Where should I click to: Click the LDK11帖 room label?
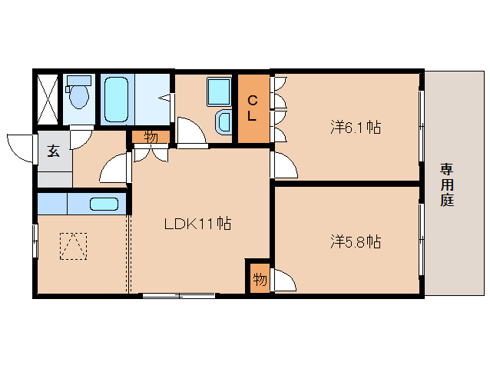click(197, 223)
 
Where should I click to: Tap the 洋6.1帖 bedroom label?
click(356, 128)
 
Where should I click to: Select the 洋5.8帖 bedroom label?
click(356, 241)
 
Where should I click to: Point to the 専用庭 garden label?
click(447, 184)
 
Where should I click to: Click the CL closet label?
click(252, 108)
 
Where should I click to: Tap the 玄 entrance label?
click(54, 151)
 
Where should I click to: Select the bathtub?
click(116, 99)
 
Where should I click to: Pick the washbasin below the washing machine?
click(223, 122)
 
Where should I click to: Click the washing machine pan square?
click(219, 92)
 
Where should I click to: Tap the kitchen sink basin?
click(104, 204)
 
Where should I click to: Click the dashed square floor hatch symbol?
click(74, 246)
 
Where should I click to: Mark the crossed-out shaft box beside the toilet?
click(48, 99)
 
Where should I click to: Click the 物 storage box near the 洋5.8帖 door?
click(260, 278)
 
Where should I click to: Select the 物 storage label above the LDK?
click(151, 137)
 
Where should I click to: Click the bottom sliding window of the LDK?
click(179, 295)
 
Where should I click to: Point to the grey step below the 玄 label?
click(55, 179)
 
